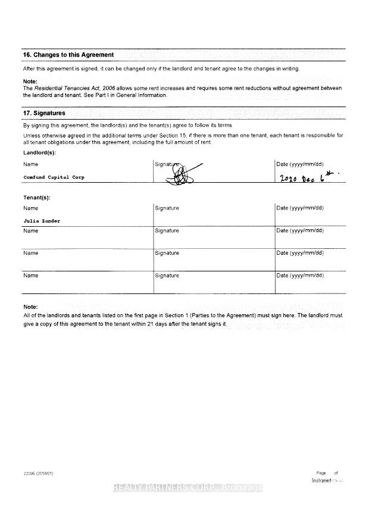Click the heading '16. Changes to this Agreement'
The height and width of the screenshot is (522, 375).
click(x=68, y=55)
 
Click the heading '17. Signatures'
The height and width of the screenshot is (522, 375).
click(x=44, y=113)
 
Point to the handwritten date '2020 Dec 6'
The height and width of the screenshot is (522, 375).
click(x=308, y=177)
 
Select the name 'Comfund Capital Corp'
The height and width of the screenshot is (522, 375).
click(x=54, y=177)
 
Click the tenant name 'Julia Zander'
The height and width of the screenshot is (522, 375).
click(x=42, y=221)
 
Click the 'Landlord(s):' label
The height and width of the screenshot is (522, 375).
click(x=39, y=153)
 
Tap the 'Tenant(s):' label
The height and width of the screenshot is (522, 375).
click(x=37, y=197)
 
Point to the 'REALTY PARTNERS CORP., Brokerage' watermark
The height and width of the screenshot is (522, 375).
click(x=187, y=488)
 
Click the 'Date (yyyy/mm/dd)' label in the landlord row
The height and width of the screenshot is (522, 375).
click(x=300, y=164)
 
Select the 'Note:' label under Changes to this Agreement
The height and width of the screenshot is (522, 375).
click(x=30, y=81)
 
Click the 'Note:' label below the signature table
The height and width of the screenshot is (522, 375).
click(x=30, y=307)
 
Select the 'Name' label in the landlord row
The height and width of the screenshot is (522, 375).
click(x=30, y=164)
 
